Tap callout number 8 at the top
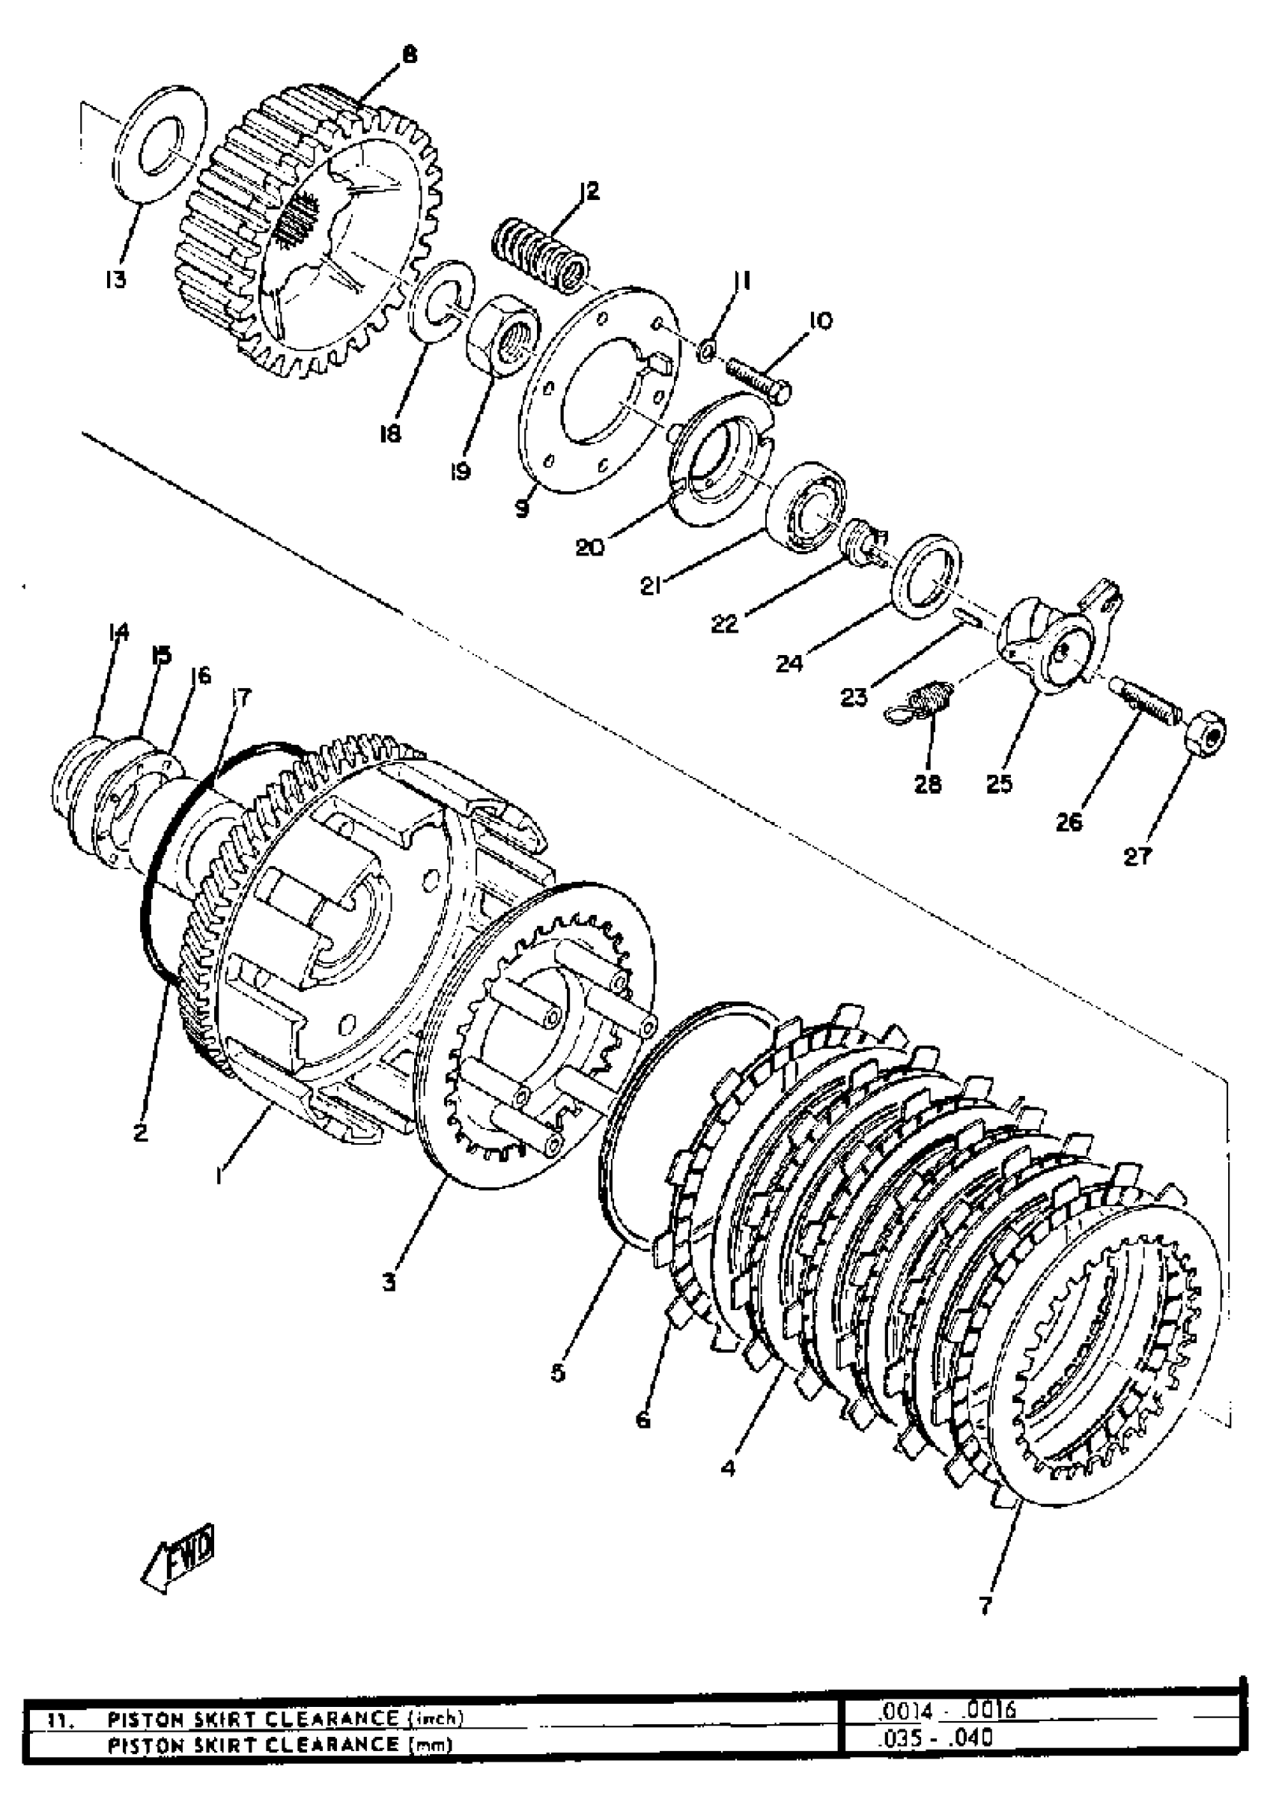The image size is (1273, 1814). [409, 55]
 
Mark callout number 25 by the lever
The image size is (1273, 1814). [999, 785]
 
